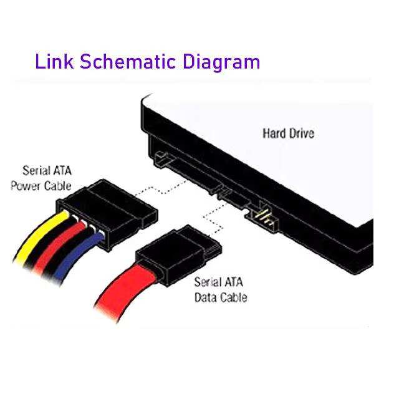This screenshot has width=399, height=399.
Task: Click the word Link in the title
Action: pyautogui.click(x=54, y=61)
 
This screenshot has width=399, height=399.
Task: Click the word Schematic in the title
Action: pyautogui.click(x=128, y=61)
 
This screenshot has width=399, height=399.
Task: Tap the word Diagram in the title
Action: pyautogui.click(x=221, y=62)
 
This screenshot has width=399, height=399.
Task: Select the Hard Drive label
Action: pyautogui.click(x=288, y=133)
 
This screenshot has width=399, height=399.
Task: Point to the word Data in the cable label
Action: pyautogui.click(x=205, y=297)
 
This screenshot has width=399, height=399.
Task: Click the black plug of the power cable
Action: pyautogui.click(x=107, y=214)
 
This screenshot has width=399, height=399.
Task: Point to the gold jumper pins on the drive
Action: pyautogui.click(x=264, y=218)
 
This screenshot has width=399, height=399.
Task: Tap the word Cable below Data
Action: pyautogui.click(x=233, y=297)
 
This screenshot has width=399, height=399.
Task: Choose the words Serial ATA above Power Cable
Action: pyautogui.click(x=47, y=170)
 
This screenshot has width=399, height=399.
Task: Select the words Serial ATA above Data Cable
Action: pyautogui.click(x=219, y=282)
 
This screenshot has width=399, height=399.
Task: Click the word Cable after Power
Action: pyautogui.click(x=58, y=186)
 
